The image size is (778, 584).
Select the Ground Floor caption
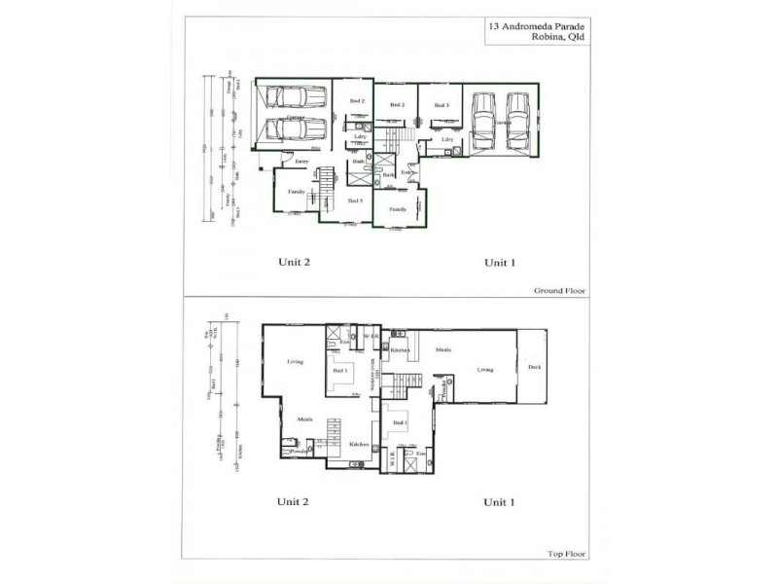[562, 290]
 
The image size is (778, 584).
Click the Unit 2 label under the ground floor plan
[293, 262]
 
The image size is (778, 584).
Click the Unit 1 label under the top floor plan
[499, 502]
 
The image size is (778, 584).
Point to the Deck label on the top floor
[534, 367]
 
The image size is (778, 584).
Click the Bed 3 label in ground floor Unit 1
[441, 105]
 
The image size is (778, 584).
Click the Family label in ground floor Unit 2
[297, 192]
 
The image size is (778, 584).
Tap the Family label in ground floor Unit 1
[398, 209]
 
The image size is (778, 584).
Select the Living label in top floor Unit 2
[296, 362]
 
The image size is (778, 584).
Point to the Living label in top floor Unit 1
[483, 369]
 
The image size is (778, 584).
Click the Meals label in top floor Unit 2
[305, 419]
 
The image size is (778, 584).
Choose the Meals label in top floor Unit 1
[443, 349]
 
